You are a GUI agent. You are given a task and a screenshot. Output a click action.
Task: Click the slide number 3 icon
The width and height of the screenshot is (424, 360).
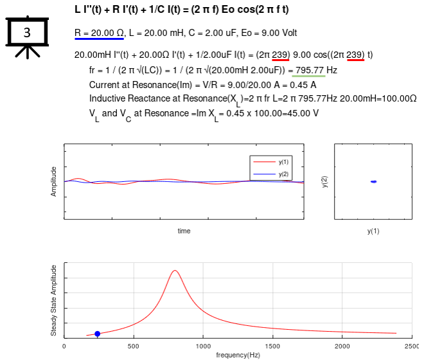(28, 35)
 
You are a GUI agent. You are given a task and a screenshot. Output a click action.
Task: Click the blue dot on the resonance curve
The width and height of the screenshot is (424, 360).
(97, 334)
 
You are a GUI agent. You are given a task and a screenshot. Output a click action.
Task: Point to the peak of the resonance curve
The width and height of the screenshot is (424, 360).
(175, 271)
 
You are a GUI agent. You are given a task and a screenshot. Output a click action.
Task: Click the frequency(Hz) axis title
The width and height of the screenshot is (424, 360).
(238, 355)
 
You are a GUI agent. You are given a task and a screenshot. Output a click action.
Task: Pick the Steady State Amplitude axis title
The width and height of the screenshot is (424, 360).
(54, 300)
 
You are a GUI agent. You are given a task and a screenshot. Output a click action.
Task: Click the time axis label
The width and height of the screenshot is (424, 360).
(184, 231)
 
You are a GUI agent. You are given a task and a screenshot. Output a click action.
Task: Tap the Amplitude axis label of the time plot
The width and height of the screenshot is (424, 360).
(54, 182)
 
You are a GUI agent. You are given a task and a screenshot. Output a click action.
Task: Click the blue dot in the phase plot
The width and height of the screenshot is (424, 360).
(373, 182)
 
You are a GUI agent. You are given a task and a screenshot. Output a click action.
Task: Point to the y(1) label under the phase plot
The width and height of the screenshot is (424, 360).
(373, 231)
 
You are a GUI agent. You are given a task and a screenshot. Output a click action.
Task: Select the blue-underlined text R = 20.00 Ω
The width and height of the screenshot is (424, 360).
(99, 33)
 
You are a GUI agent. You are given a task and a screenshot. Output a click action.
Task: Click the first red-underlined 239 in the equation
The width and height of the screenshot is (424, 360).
(281, 55)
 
